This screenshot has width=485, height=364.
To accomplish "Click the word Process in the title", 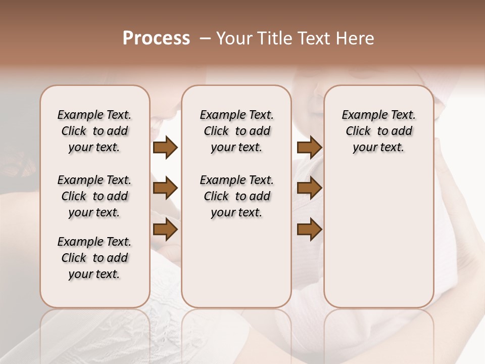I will point(156,38).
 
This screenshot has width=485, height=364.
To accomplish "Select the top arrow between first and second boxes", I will point(165,148).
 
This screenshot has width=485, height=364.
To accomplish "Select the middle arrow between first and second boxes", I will point(165,189).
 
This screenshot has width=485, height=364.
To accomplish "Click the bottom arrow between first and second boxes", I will point(165,230).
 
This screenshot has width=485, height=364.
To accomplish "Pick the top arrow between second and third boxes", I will point(309,148).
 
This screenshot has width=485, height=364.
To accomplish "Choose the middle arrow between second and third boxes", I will point(309,189).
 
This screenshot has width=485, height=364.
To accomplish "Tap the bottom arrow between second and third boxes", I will point(309,230).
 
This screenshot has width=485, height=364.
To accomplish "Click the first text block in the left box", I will point(94,131).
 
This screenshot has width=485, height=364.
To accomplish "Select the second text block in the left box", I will point(94,196).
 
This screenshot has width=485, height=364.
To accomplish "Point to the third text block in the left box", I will point(94,258).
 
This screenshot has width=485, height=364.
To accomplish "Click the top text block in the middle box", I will point(236,131).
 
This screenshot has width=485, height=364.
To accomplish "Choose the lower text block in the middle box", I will point(236,196).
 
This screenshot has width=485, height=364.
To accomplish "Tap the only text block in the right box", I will point(378,131).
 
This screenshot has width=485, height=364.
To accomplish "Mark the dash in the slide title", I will point(205,38).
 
